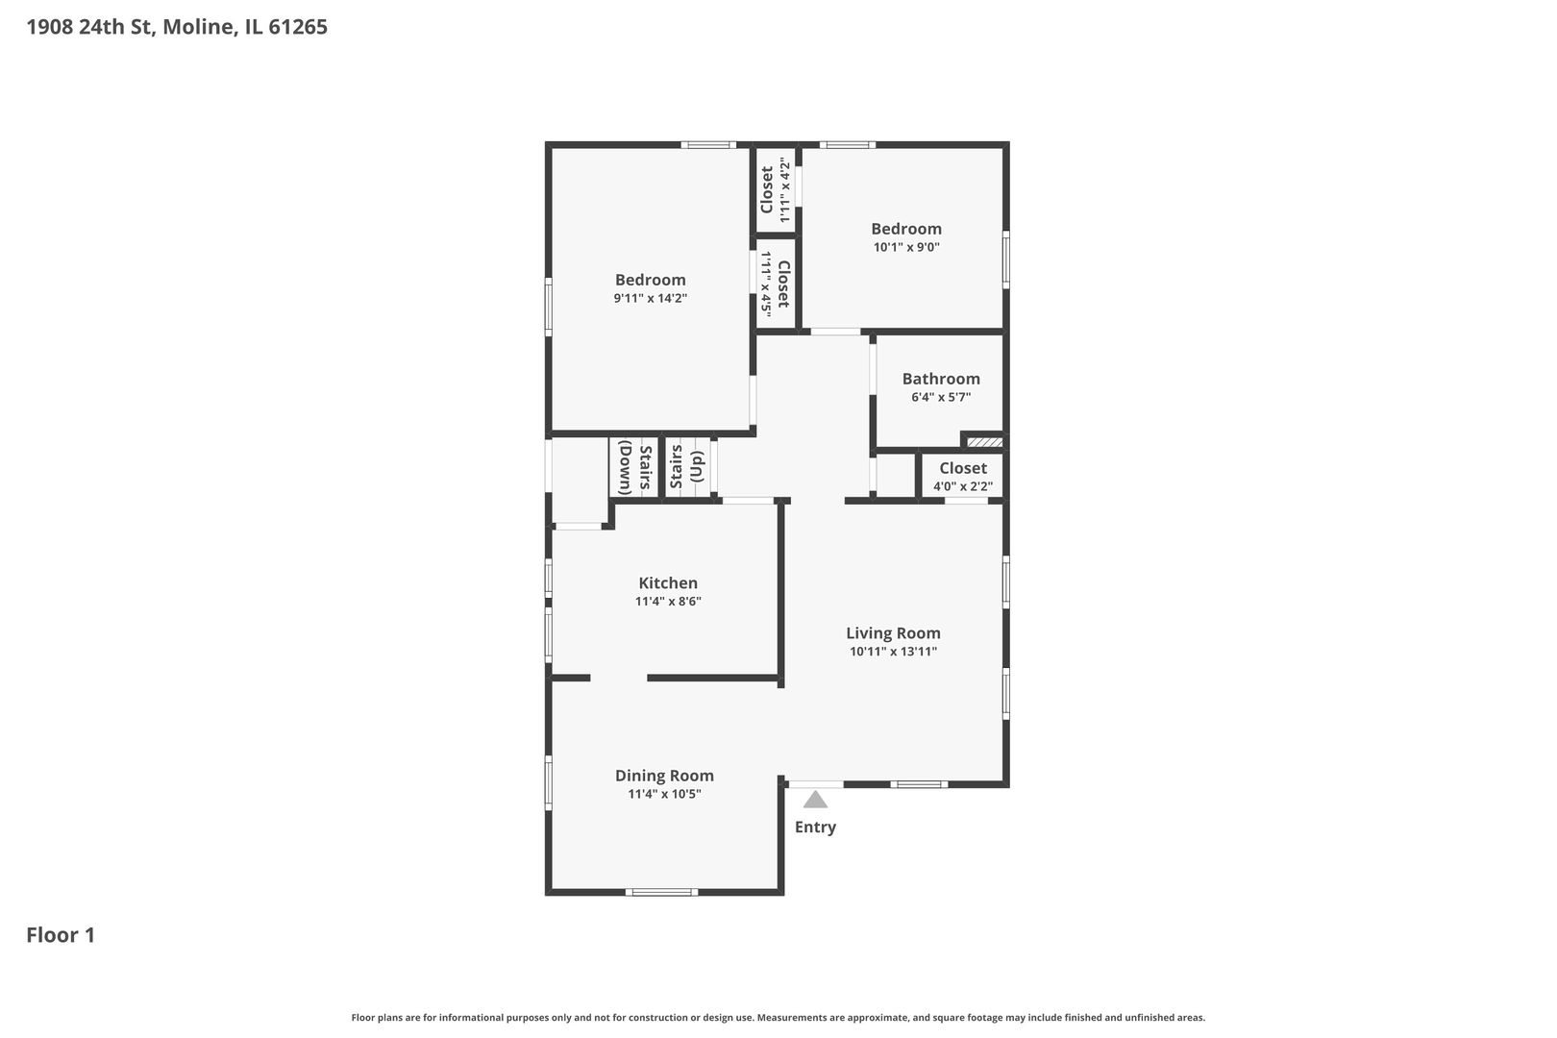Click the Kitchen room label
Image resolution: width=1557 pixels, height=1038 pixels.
(x=668, y=582)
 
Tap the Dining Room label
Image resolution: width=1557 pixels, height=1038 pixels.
(x=664, y=776)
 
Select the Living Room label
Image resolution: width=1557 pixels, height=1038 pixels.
(x=893, y=632)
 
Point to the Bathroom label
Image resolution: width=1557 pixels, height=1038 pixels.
(x=941, y=379)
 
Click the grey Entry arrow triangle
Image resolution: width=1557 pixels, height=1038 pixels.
(x=815, y=801)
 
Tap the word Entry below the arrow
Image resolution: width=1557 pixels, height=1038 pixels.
(x=815, y=827)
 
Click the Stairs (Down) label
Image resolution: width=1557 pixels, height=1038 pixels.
(x=635, y=467)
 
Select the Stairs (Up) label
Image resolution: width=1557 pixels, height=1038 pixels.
(x=687, y=467)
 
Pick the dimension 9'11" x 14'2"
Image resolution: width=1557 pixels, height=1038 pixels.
(x=651, y=298)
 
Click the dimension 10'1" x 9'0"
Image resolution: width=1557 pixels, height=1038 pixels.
(x=906, y=247)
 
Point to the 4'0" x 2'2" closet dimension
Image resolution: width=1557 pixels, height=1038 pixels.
(x=963, y=486)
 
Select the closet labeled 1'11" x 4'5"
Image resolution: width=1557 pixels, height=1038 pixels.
(x=775, y=284)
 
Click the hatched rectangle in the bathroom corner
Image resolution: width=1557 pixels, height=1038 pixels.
(x=985, y=442)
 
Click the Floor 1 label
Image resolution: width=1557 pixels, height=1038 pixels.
(x=61, y=935)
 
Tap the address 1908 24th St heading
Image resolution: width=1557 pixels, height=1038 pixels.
(x=177, y=27)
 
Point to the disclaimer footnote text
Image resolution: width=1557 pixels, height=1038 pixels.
(x=778, y=1017)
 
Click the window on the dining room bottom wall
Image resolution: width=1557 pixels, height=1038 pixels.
(x=661, y=892)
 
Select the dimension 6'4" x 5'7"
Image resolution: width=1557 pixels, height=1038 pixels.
(x=941, y=397)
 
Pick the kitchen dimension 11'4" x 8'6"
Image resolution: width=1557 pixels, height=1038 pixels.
(x=668, y=602)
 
